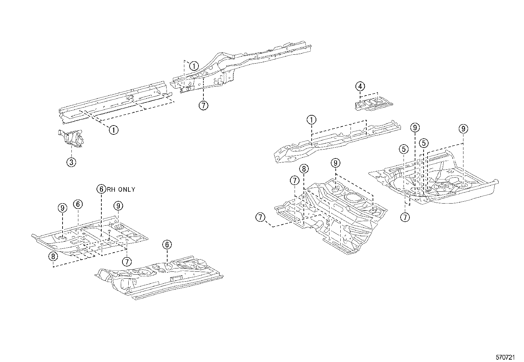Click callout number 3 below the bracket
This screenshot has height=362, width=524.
[x=71, y=162]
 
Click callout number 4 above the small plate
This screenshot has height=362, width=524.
[x=360, y=87]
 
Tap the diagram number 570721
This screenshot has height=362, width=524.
[x=505, y=357]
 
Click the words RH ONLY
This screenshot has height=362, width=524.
[x=120, y=190]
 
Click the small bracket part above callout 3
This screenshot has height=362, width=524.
[x=70, y=138]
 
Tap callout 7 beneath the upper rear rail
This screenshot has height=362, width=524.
[x=203, y=105]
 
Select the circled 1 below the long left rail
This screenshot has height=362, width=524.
[x=114, y=130]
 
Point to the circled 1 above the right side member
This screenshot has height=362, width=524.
[x=311, y=120]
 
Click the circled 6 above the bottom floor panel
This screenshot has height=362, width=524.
[x=167, y=244]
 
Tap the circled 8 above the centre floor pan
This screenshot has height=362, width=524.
[x=304, y=169]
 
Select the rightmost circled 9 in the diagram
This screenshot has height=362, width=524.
[x=463, y=129]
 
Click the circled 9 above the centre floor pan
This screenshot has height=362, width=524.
[x=335, y=163]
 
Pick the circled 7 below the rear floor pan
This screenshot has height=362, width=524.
[x=405, y=217]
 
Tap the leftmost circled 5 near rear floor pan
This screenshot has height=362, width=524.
[x=404, y=150]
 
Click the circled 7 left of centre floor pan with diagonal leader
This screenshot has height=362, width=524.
[x=260, y=217]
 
